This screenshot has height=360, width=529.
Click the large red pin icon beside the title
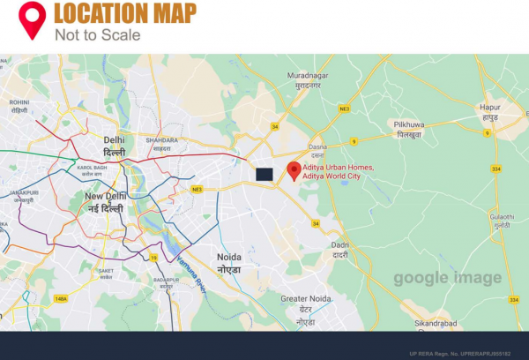tap(33, 20)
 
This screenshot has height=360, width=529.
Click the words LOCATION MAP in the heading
tap(125, 14)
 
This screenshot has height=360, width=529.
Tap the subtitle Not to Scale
tap(97, 34)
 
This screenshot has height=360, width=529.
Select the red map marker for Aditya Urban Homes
tap(294, 170)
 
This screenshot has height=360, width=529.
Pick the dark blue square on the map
tap(264, 174)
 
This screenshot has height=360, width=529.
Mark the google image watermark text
tap(447, 279)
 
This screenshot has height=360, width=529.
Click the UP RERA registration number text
tap(472, 352)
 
